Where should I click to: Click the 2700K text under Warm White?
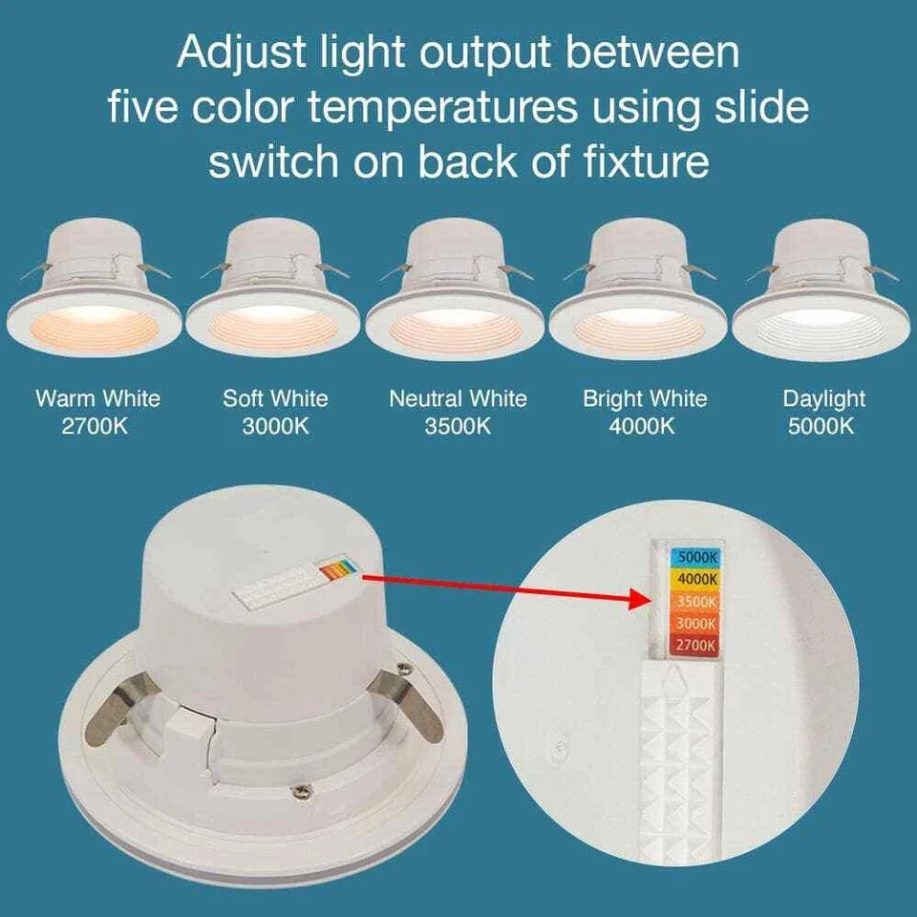[x=95, y=426]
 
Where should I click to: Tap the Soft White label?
[x=275, y=398]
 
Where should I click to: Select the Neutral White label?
[x=458, y=398]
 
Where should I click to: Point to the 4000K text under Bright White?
[x=642, y=426]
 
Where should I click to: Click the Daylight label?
[x=823, y=400]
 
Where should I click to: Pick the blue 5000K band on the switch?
[x=695, y=557]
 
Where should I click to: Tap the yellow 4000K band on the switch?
[x=696, y=579]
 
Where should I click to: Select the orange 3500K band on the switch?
[x=696, y=601]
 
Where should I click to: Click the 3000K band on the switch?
[x=696, y=624]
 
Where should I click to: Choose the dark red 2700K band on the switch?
[x=696, y=645]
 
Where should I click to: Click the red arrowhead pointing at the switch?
[x=640, y=599]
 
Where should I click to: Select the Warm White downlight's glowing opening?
[x=95, y=328]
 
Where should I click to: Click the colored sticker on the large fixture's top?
[x=336, y=568]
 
